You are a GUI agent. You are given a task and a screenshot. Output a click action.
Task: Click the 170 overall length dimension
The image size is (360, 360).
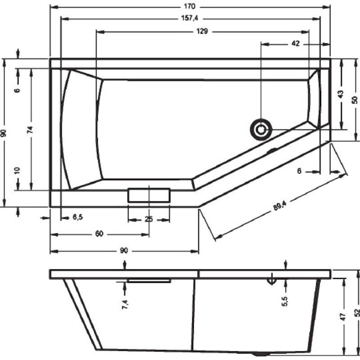point(189,6)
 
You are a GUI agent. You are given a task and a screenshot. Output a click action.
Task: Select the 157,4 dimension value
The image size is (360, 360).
point(189,18)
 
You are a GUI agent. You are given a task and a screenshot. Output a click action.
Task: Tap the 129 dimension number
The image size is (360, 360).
point(202,31)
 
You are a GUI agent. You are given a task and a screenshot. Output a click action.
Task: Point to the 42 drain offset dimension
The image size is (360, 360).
point(296,43)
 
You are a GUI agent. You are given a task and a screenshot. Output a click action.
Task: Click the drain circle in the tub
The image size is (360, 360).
point(261,130)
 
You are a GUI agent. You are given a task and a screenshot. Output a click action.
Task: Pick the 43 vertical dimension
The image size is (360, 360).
point(341,94)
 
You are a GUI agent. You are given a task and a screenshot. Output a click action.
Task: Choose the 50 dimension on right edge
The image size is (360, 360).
point(355,100)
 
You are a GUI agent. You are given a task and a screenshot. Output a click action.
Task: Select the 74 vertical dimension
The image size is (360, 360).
point(30,130)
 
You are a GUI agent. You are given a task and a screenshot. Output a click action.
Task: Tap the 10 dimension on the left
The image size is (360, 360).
point(17,171)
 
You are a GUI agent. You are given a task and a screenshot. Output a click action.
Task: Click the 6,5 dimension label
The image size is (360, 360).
point(78,217)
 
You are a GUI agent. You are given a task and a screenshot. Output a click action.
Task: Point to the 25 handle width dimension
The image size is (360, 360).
point(149,219)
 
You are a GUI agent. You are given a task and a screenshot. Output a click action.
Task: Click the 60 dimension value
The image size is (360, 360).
point(99,234)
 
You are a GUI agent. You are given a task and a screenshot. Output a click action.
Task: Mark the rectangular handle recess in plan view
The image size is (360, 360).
point(149,195)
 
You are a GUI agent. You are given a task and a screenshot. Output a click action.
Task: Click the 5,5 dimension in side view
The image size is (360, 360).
point(284,301)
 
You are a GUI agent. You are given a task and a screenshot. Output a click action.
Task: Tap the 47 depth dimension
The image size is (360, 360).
point(343,317)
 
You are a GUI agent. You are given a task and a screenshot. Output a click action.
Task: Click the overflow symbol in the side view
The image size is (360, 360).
point(272,280)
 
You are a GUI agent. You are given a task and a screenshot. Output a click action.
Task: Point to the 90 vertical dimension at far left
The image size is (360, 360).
point(3,133)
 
